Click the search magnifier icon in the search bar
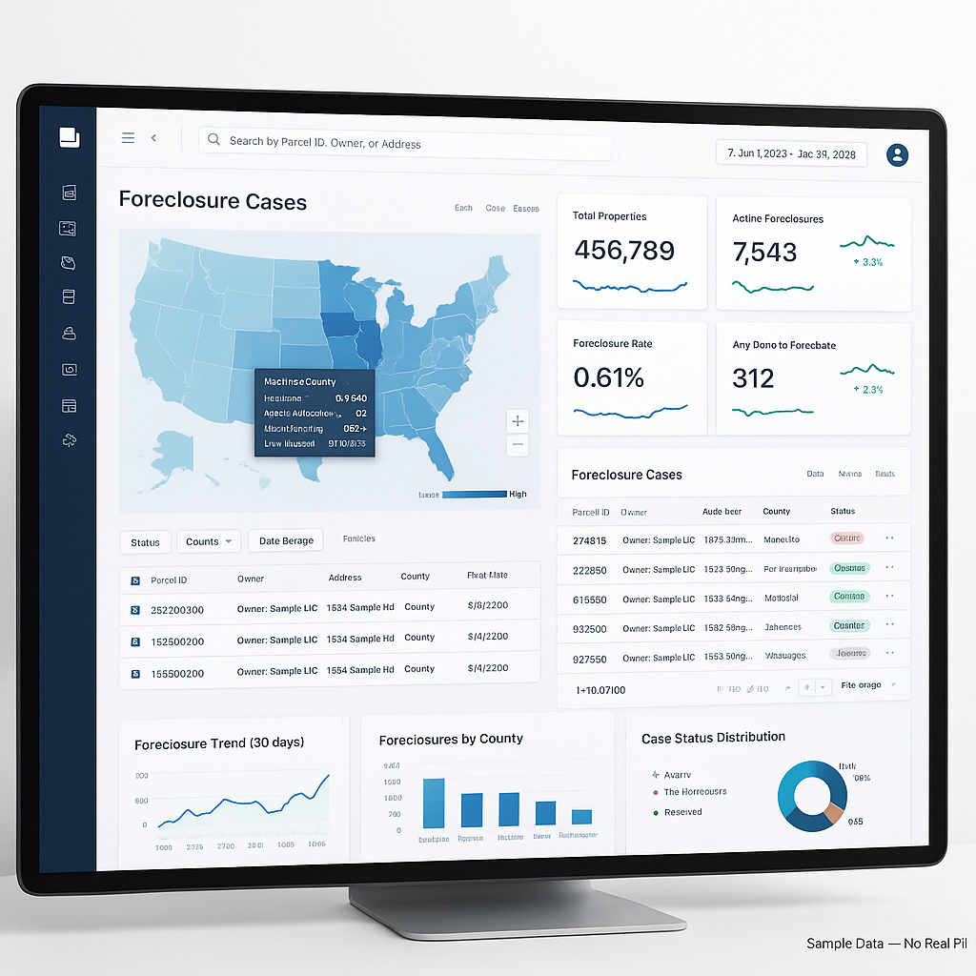point(213,140)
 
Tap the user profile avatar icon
point(897,154)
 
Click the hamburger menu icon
point(128,138)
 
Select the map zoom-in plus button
point(518,420)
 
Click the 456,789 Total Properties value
point(624,251)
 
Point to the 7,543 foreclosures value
point(764,253)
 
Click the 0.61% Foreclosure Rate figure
point(609,377)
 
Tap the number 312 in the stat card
point(753,378)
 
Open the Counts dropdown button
point(208,541)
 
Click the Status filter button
point(145,542)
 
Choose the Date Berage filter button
point(286,540)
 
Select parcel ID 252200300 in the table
point(177,610)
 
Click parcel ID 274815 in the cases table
point(589,540)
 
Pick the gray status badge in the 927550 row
point(849,654)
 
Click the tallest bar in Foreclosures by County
point(434,803)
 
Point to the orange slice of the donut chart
point(833,813)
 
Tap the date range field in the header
point(791,153)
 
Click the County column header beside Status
point(776,512)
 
